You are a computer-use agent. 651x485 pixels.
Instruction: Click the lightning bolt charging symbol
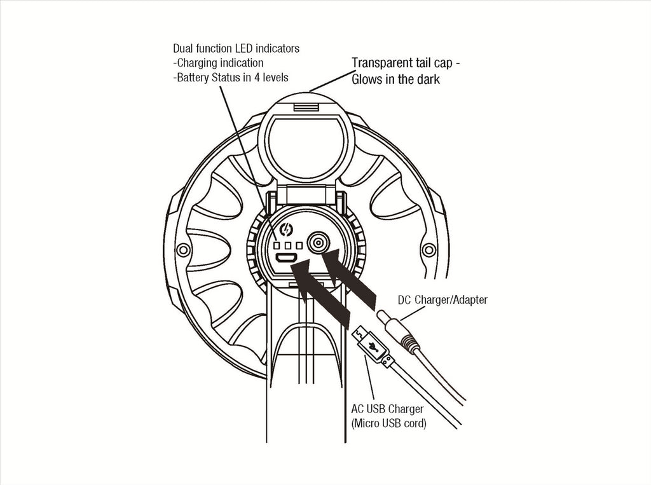pos(287,229)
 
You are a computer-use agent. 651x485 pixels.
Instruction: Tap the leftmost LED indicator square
pos(277,245)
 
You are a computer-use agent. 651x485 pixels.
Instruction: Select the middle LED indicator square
pos(288,245)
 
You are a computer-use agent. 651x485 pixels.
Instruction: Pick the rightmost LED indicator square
pos(299,245)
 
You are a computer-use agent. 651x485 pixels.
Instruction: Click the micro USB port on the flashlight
pos(287,257)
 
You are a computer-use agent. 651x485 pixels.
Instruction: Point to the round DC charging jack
pos(318,243)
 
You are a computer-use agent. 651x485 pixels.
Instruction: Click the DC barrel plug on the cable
pos(398,331)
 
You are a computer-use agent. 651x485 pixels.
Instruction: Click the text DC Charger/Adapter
pos(442,300)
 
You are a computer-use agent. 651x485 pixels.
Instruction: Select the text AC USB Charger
pos(387,409)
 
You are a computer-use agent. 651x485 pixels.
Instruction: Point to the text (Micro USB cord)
pos(388,423)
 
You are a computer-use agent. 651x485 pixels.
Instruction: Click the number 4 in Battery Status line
pos(257,78)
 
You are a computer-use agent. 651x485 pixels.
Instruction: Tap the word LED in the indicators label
pos(243,48)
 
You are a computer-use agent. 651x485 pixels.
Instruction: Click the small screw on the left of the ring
pos(182,250)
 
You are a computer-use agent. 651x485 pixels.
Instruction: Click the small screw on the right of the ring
pos(429,250)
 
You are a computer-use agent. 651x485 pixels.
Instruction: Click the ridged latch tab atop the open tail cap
pos(306,107)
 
